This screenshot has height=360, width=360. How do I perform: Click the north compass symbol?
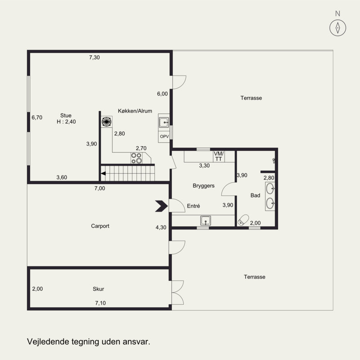coord(337,28)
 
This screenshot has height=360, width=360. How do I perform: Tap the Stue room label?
coord(66,115)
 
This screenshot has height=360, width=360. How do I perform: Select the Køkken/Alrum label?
coord(135,111)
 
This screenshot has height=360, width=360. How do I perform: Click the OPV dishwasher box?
coord(164,136)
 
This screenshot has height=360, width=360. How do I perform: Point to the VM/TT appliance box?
coord(219,156)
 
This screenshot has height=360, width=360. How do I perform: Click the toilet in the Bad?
coord(243,220)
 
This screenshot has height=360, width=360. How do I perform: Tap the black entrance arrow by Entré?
coord(162,206)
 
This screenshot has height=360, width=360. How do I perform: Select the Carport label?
coord(100,226)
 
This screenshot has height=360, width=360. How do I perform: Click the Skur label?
coord(98,289)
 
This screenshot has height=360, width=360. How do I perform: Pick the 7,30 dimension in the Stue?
coord(94,58)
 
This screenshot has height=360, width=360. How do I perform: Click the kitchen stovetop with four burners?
coord(136,158)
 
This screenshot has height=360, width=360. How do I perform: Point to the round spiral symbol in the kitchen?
coord(107,121)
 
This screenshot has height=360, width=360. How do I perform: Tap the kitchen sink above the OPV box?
coord(164,122)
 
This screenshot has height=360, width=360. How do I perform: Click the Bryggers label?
coord(204,185)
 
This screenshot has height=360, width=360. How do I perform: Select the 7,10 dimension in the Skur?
coord(100,303)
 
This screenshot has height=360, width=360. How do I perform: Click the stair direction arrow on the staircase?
coord(103,173)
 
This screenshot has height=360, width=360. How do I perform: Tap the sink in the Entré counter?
coord(206,221)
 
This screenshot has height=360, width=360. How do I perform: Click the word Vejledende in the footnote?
coord(48,342)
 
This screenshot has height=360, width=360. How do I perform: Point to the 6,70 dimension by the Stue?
coord(37,117)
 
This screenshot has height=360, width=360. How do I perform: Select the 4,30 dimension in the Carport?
coord(161,227)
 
